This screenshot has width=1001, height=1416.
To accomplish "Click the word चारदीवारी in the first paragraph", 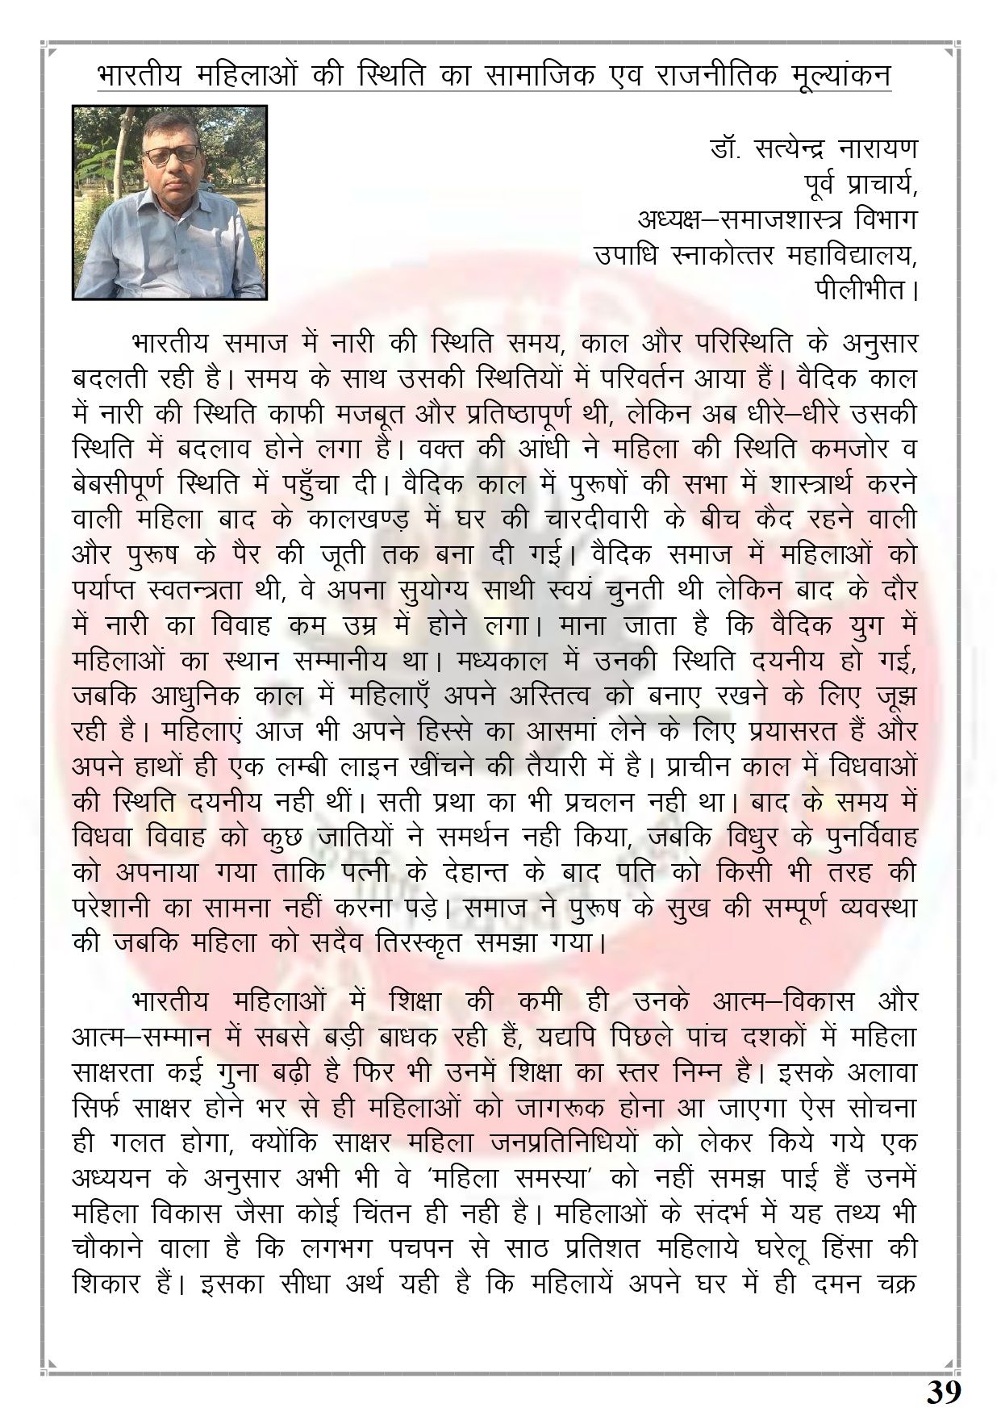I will pos(596,519).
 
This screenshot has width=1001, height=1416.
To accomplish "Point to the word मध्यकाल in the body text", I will pos(482,660).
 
